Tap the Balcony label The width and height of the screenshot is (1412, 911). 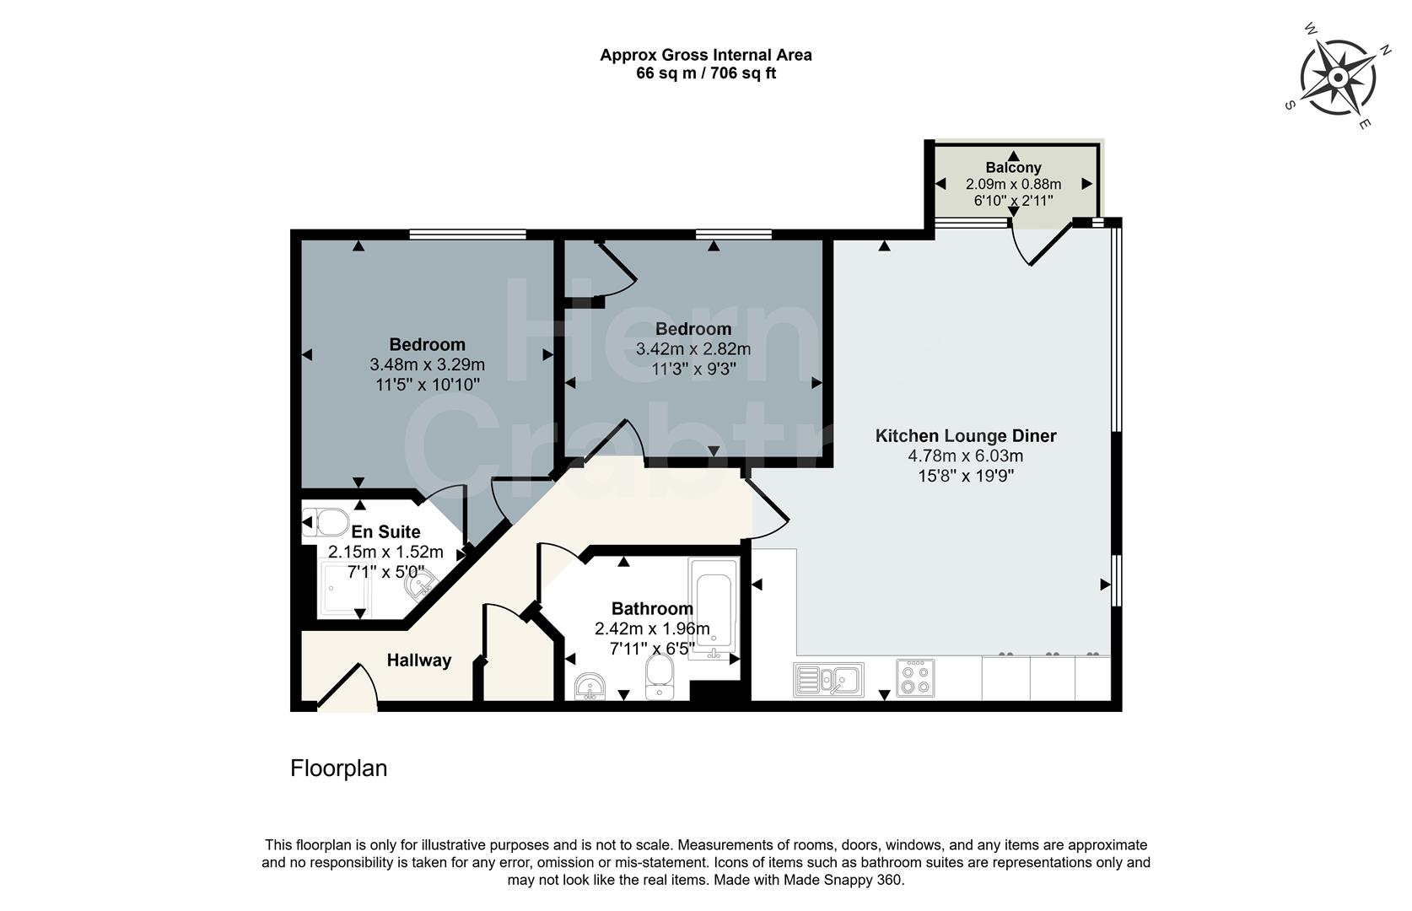pyautogui.click(x=1013, y=168)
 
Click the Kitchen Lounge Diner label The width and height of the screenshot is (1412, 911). pyautogui.click(x=966, y=436)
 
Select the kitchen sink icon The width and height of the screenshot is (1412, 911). pyautogui.click(x=828, y=680)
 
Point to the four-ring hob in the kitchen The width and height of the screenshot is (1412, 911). pyautogui.click(x=915, y=678)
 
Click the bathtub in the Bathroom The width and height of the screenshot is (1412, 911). pyautogui.click(x=714, y=607)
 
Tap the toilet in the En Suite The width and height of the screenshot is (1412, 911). pyautogui.click(x=326, y=522)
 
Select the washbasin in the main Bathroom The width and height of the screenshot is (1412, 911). pyautogui.click(x=590, y=687)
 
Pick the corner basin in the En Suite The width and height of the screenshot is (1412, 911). pyautogui.click(x=419, y=583)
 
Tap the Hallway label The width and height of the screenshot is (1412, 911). pyautogui.click(x=419, y=660)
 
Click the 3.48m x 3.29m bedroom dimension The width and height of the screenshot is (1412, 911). pyautogui.click(x=427, y=364)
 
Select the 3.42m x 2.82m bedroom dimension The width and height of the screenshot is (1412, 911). pyautogui.click(x=693, y=348)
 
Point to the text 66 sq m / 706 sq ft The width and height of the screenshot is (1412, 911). pyautogui.click(x=706, y=73)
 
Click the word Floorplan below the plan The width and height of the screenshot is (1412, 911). pyautogui.click(x=338, y=768)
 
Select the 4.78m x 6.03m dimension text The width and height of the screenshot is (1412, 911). pyautogui.click(x=966, y=456)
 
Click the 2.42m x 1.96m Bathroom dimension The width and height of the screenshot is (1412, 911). pyautogui.click(x=652, y=628)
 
